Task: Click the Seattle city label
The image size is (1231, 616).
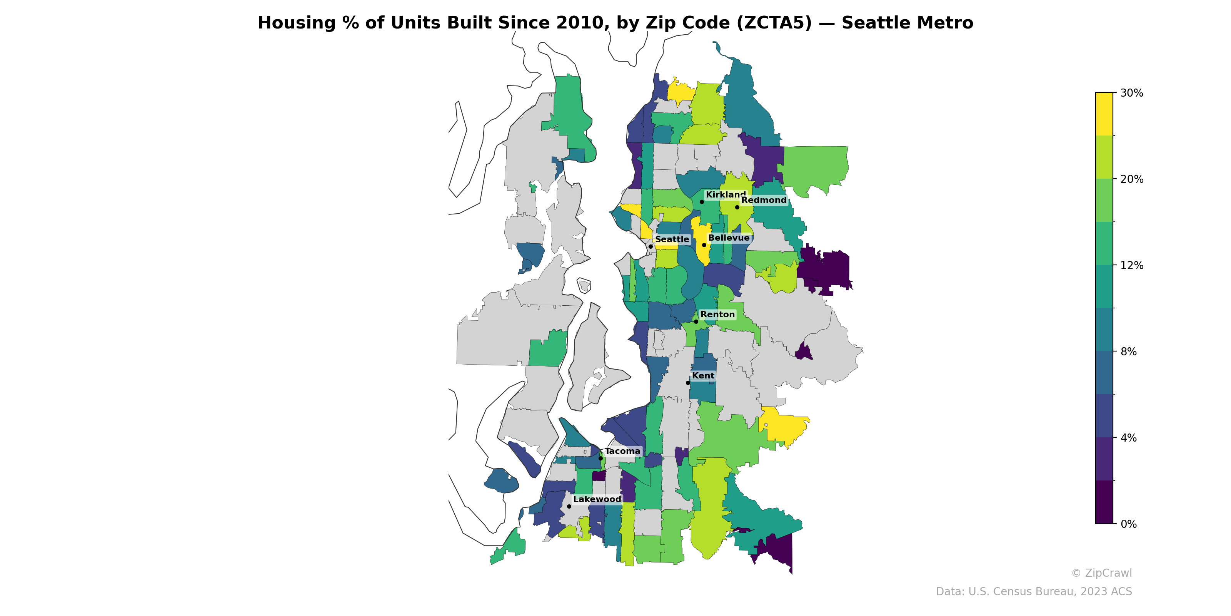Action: pyautogui.click(x=672, y=239)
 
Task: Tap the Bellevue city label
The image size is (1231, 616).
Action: pyautogui.click(x=729, y=238)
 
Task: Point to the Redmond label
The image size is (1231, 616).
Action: pyautogui.click(x=764, y=200)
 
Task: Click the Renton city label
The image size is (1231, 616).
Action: pyautogui.click(x=717, y=314)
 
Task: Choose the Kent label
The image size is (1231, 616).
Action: pyautogui.click(x=703, y=375)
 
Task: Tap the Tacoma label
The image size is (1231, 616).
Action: pyautogui.click(x=622, y=451)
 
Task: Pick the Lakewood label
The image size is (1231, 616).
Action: pyautogui.click(x=597, y=499)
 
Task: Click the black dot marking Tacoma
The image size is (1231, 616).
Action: pyautogui.click(x=600, y=458)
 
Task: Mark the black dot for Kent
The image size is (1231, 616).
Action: pyautogui.click(x=688, y=383)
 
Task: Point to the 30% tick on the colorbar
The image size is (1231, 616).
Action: pyautogui.click(x=1131, y=93)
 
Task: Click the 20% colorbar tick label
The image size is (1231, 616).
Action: pyautogui.click(x=1131, y=179)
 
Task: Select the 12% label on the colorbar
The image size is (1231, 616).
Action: pyautogui.click(x=1131, y=265)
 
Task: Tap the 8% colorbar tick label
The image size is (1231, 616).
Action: pyautogui.click(x=1128, y=352)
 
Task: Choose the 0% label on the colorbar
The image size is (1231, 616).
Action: pyautogui.click(x=1128, y=524)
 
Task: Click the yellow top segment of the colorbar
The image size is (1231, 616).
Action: pyautogui.click(x=1104, y=114)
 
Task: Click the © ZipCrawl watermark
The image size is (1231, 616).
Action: pyautogui.click(x=1101, y=573)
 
